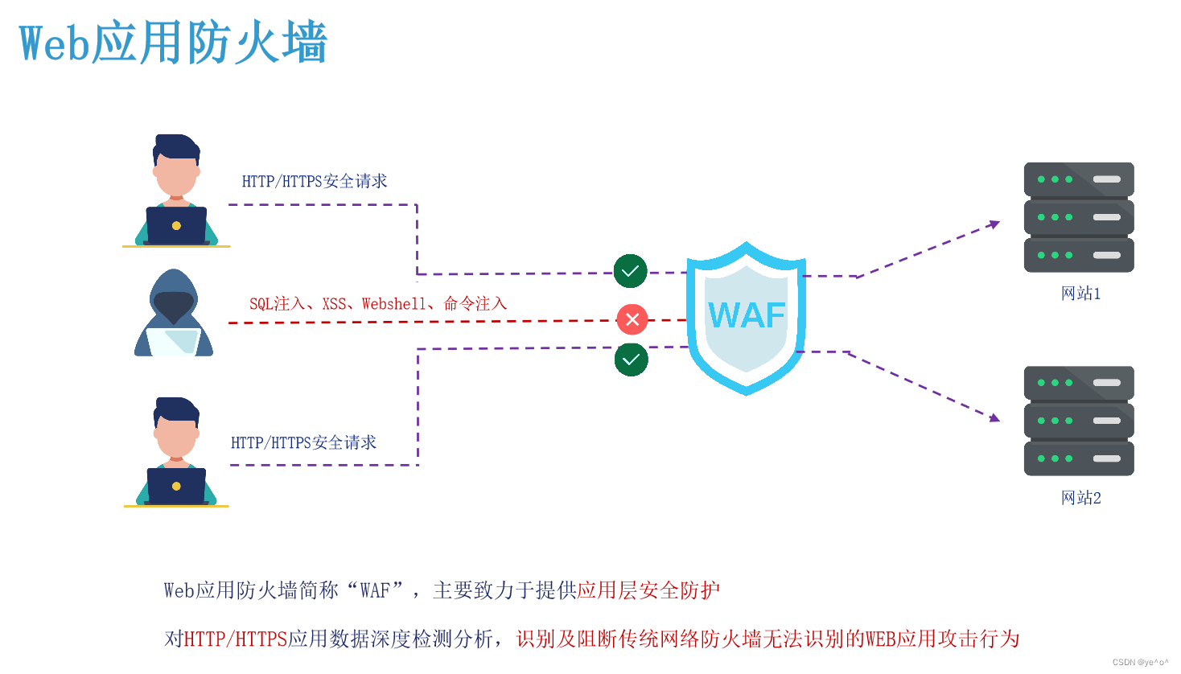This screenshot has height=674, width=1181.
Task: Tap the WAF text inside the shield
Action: [x=747, y=315]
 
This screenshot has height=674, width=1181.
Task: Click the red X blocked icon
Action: [x=632, y=319]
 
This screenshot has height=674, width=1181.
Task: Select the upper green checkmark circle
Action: [x=631, y=271]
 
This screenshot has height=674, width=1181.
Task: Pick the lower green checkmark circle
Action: [x=632, y=360]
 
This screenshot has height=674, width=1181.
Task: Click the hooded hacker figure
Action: [x=174, y=314]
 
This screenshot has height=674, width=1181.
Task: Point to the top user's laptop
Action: [x=176, y=225]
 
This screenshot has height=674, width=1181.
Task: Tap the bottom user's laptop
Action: [x=176, y=486]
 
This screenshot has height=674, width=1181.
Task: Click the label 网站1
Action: [x=1080, y=294]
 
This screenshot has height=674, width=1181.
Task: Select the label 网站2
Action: [x=1080, y=498]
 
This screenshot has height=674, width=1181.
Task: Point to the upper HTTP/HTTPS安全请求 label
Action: [x=315, y=182]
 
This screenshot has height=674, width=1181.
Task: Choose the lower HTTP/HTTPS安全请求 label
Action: [x=303, y=443]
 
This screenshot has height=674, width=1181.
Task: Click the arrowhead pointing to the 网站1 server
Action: [x=995, y=224]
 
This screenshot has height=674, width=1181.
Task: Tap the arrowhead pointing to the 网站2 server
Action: [x=995, y=417]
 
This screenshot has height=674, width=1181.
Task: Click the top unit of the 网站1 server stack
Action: [x=1079, y=179]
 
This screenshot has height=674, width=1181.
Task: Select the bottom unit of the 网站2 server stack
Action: [x=1079, y=458]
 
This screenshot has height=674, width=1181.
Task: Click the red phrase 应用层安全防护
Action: [x=648, y=590]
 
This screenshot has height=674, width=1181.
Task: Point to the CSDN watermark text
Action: [x=1140, y=663]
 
